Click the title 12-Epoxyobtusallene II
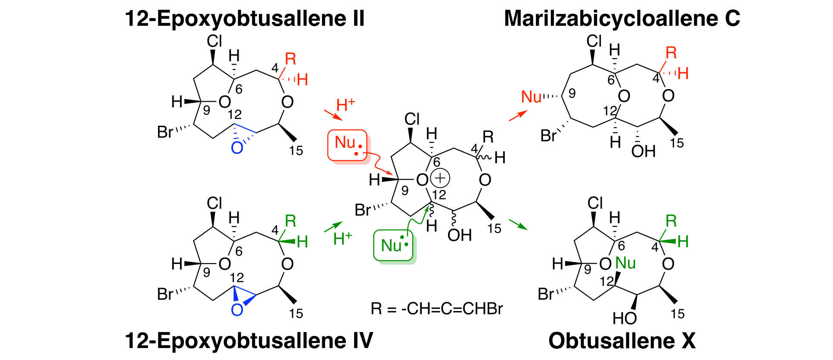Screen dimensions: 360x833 point(245,19)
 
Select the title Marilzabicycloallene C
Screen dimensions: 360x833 point(622,19)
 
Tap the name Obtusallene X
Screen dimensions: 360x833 point(622,341)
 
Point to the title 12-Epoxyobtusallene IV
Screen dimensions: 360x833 point(249,341)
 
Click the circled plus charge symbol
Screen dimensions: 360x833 point(440,178)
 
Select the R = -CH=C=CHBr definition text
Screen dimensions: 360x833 point(437,309)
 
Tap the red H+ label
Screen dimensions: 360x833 point(345,105)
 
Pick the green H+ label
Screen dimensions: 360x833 point(342,238)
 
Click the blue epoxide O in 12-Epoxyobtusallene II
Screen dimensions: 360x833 point(237,148)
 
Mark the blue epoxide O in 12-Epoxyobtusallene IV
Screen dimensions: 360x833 point(237,310)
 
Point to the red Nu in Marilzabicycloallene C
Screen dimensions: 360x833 point(531,97)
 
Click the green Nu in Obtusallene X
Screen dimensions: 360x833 point(625,263)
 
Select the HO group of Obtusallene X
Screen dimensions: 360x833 point(625,319)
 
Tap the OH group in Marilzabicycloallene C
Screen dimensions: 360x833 point(643,151)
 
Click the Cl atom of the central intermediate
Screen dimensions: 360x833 point(412,119)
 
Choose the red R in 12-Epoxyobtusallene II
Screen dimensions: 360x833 point(291,59)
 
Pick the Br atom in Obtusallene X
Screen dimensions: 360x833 point(546,294)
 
